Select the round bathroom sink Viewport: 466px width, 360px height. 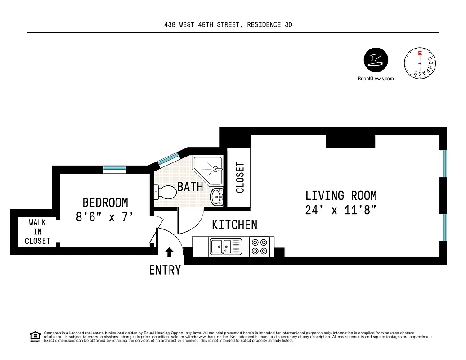pos(217,196)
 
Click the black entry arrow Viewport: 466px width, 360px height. pos(170,252)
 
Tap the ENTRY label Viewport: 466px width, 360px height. pos(165,270)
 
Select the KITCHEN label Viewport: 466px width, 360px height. pos(234,225)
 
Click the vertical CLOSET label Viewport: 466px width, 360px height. pos(240,177)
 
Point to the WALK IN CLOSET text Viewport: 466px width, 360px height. pos(37,232)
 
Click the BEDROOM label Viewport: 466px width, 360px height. pos(105,202)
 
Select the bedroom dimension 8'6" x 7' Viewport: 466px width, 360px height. pos(105,217)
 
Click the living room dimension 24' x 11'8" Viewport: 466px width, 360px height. pos(341,210)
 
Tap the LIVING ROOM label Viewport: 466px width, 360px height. pos(341,196)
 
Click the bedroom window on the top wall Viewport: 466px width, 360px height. pos(115,169)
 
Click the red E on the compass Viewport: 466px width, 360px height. pos(420,53)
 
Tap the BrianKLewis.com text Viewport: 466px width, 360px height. pos(376,78)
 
